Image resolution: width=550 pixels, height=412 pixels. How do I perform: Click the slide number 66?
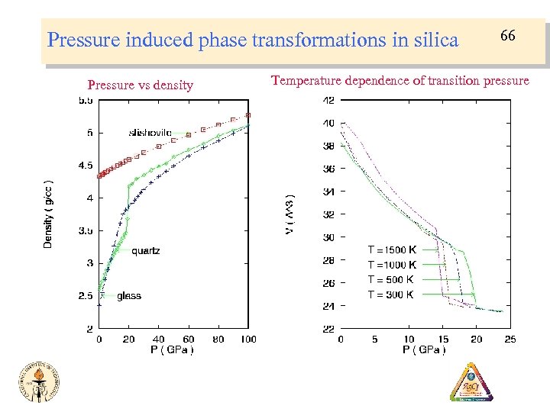point(507,36)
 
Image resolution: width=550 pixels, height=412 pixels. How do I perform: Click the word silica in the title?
point(432,39)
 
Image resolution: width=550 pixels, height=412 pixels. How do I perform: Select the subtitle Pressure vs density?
point(141,85)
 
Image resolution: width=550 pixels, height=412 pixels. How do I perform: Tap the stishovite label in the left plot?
point(150,133)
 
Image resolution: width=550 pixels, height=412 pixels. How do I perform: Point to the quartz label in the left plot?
point(145,250)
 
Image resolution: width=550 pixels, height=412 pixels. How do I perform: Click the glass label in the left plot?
point(129,296)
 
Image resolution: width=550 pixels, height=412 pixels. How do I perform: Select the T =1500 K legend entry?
point(392,249)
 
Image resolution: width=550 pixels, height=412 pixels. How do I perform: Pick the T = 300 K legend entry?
point(391,295)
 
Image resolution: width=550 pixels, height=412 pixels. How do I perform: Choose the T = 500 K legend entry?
point(391,279)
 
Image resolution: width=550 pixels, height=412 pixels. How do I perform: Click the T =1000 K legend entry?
point(392,265)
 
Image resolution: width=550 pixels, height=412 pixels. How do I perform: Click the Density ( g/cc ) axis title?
point(48,213)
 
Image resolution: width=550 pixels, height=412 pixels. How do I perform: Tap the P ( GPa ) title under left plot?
point(172,350)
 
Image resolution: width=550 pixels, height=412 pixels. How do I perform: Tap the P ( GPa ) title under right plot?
point(424,349)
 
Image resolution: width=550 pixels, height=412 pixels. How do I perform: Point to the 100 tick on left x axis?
point(247,340)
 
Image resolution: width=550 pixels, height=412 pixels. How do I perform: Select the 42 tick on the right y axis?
point(328,100)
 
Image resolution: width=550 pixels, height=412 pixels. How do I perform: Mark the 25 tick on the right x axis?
point(510,339)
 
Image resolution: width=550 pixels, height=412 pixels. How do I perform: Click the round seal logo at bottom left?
point(40,382)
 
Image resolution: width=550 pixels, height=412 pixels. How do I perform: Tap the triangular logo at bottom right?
point(471,383)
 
